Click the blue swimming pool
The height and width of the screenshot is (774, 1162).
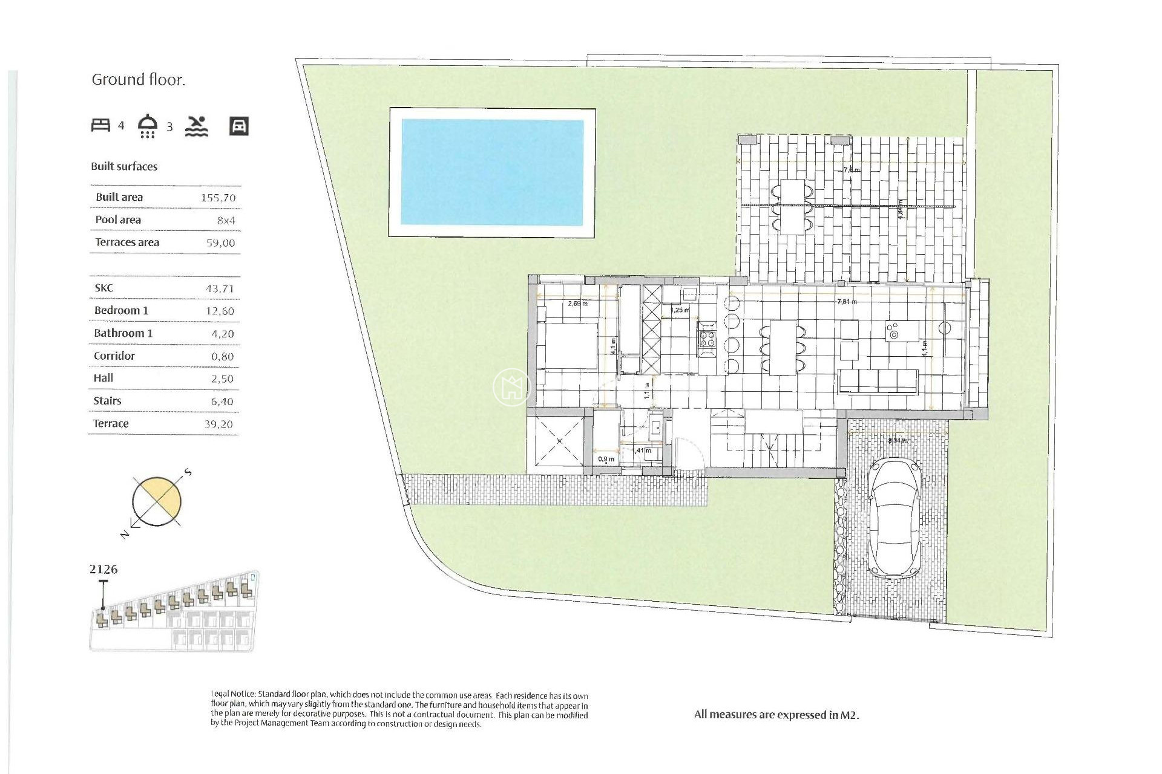click(492, 172)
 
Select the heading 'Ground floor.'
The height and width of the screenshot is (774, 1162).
click(138, 80)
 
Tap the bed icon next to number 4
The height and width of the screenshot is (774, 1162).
click(100, 125)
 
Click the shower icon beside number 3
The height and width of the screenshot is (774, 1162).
click(148, 126)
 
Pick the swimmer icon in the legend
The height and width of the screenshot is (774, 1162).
click(196, 126)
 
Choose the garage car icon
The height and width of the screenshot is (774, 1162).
click(239, 126)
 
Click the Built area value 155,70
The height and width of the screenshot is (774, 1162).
click(218, 198)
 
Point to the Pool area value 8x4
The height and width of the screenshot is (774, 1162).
click(226, 221)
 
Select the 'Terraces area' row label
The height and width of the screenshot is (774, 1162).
click(127, 242)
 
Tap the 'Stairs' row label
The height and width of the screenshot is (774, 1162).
click(107, 401)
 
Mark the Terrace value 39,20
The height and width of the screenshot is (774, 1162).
click(218, 424)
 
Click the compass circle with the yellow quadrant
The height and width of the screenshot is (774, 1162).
click(157, 501)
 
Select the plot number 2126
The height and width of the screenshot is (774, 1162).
click(103, 570)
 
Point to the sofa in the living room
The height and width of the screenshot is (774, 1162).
click(878, 382)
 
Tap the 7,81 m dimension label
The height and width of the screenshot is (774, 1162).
click(846, 302)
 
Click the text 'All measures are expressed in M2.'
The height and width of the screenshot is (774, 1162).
click(776, 715)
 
